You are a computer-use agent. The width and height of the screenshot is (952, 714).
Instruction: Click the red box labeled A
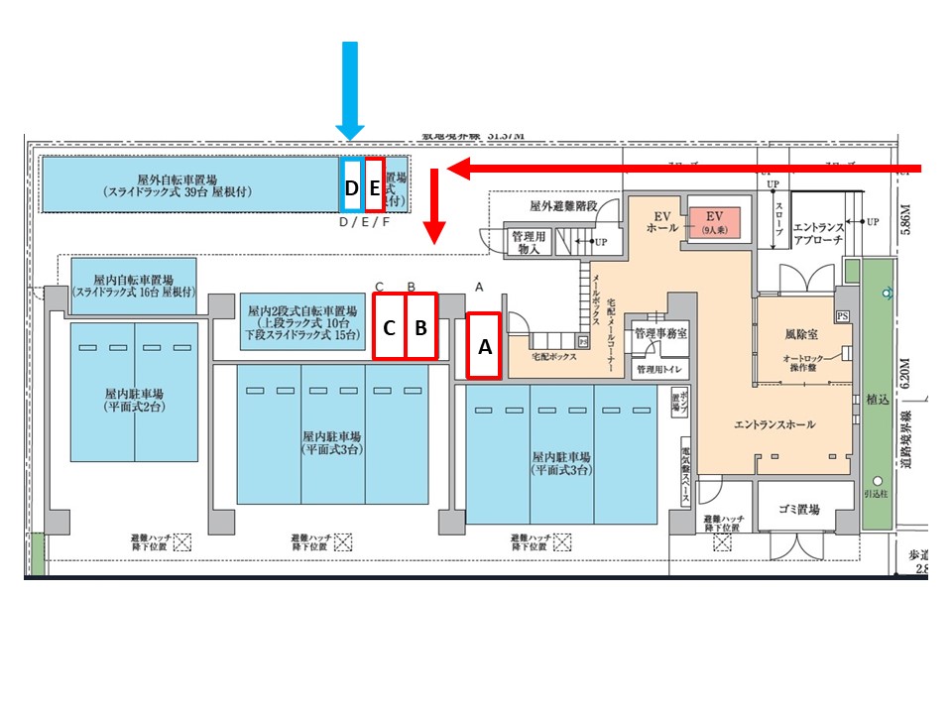(x=483, y=345)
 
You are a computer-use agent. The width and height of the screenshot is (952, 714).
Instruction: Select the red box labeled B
(x=420, y=326)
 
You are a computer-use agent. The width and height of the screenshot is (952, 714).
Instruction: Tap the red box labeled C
(x=390, y=326)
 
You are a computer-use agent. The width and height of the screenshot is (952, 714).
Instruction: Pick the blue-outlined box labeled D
(x=351, y=184)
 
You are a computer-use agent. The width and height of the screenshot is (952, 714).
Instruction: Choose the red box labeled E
(x=374, y=184)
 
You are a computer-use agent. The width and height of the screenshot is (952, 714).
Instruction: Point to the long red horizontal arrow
(x=684, y=170)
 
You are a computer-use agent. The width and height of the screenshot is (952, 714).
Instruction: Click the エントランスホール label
(x=774, y=423)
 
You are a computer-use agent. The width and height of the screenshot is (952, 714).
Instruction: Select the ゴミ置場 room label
(x=798, y=510)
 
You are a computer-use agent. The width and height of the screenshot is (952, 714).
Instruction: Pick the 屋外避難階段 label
(x=563, y=206)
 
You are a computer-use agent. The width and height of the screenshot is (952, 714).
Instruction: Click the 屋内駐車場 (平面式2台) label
(x=134, y=399)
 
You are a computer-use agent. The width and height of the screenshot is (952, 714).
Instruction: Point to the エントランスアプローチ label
(x=819, y=234)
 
